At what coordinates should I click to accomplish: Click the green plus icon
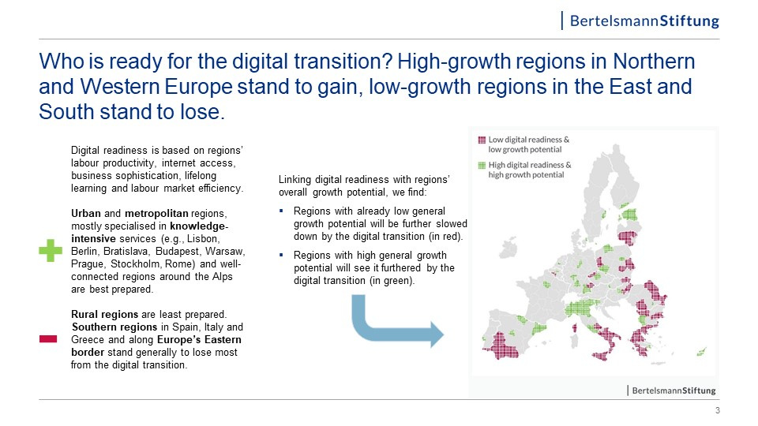(x=51, y=250)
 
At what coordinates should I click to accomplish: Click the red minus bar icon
(x=48, y=339)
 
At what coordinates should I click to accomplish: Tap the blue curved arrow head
(x=436, y=334)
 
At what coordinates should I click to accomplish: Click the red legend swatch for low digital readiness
(x=482, y=140)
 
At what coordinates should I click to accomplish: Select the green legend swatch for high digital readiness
(x=482, y=165)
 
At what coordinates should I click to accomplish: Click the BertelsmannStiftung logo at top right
(x=640, y=21)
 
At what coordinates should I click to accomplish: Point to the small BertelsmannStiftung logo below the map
(x=671, y=390)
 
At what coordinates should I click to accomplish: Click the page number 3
(x=718, y=410)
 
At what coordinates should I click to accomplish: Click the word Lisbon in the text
(x=204, y=238)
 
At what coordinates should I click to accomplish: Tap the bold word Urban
(x=86, y=214)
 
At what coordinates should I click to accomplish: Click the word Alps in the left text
(x=222, y=276)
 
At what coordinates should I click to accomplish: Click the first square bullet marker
(x=281, y=211)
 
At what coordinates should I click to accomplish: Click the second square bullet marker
(x=281, y=255)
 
